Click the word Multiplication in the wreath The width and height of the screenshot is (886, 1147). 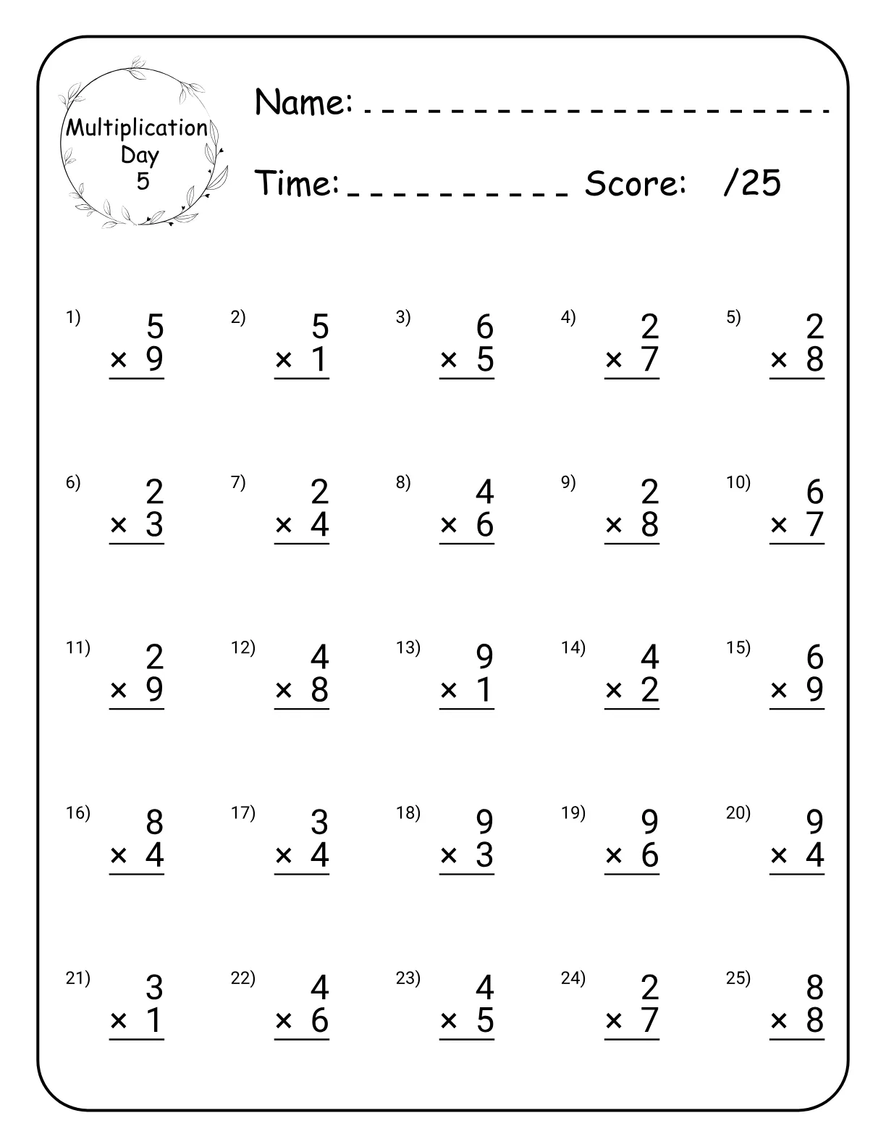137,128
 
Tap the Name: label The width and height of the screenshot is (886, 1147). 303,102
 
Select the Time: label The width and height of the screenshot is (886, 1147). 297,183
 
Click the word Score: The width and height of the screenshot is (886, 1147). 635,183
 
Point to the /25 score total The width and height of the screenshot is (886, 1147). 751,183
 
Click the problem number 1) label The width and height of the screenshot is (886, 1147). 73,317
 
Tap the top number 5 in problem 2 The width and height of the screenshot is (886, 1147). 320,327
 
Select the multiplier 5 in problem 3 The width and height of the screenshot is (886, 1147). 485,359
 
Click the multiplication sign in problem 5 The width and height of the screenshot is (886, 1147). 779,360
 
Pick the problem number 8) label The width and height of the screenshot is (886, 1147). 403,482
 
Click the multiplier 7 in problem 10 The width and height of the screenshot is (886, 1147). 815,524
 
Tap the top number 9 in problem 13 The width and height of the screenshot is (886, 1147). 485,657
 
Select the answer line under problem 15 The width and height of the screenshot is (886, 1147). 796,709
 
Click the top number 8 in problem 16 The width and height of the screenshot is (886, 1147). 155,823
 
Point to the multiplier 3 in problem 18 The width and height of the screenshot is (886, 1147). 485,855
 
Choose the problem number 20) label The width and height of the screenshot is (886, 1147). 738,812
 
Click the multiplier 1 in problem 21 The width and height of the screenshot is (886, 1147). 154,1020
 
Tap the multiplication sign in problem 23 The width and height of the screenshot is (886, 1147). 449,1021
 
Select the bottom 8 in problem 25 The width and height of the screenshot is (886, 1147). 815,1020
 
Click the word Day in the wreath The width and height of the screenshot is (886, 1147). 140,155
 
